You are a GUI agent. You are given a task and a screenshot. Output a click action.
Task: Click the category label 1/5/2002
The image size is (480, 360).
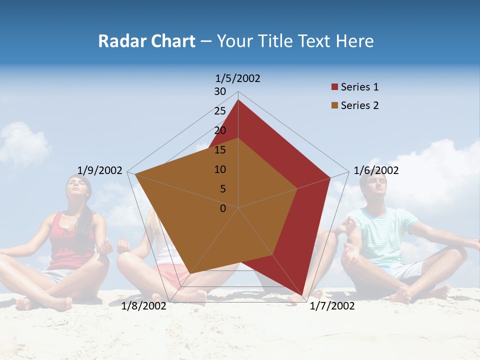pyautogui.click(x=238, y=78)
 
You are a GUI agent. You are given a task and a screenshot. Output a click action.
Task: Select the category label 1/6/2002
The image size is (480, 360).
pyautogui.click(x=376, y=170)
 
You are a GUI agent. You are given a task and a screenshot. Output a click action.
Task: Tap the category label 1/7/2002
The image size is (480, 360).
pyautogui.click(x=332, y=306)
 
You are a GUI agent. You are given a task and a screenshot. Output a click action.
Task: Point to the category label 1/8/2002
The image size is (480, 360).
pyautogui.click(x=144, y=306)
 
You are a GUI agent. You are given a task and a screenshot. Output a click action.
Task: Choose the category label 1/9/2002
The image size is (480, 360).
pyautogui.click(x=100, y=170)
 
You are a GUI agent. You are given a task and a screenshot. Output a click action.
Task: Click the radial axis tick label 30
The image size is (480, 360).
pyautogui.click(x=220, y=91)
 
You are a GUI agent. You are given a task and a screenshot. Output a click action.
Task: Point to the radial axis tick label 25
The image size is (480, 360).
pyautogui.click(x=220, y=111)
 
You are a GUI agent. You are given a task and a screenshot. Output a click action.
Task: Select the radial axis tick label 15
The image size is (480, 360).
pyautogui.click(x=220, y=150)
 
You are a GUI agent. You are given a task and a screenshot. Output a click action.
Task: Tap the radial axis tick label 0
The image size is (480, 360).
pyautogui.click(x=223, y=208)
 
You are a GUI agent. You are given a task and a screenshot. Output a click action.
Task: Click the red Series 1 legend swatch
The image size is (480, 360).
pyautogui.click(x=334, y=87)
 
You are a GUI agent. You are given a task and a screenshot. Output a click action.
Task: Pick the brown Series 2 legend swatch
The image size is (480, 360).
pyautogui.click(x=334, y=105)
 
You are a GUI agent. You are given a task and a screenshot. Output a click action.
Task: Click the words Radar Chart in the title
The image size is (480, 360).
pyautogui.click(x=146, y=41)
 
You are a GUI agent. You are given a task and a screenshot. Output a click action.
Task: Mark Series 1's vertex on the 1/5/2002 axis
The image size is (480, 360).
pyautogui.click(x=238, y=100)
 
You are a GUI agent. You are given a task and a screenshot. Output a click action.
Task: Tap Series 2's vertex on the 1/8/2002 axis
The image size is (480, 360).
pyautogui.click(x=190, y=273)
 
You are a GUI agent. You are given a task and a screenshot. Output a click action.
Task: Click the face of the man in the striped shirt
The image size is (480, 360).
pyautogui.click(x=375, y=188)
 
